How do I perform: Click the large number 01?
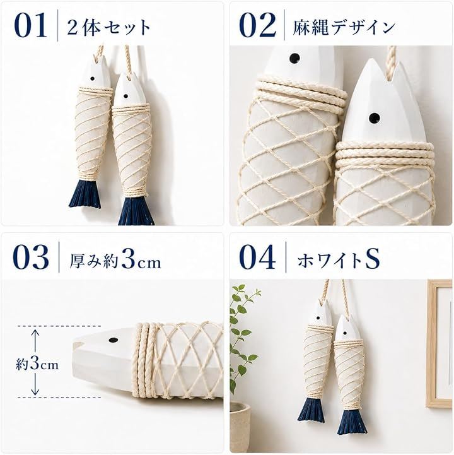[30, 25]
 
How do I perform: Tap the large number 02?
[257, 25]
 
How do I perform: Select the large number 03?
[31, 257]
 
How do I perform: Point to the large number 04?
[257, 257]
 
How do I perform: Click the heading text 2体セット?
[108, 27]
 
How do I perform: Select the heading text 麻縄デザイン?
[344, 27]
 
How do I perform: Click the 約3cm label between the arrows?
[37, 364]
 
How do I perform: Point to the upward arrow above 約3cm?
[35, 343]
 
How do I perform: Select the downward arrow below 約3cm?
[35, 384]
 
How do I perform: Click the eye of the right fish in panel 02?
[375, 117]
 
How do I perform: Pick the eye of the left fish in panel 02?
[294, 58]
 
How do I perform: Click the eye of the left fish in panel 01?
[93, 79]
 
